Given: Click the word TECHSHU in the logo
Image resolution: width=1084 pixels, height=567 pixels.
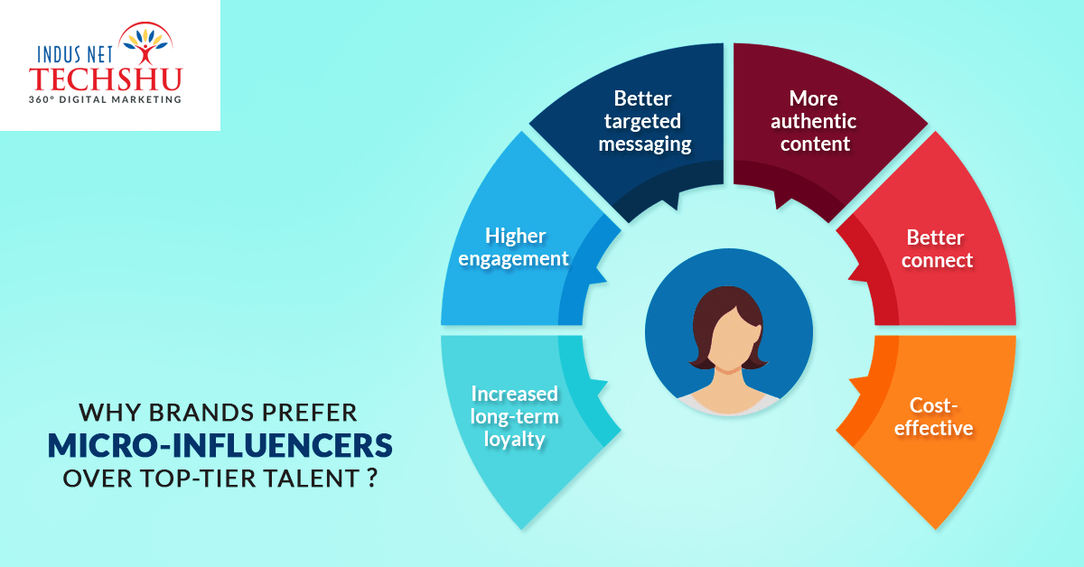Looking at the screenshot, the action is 105,79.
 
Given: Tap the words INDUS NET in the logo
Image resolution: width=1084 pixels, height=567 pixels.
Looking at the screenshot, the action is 75,54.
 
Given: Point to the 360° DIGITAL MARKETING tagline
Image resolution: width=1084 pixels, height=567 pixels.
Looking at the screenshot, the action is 105,99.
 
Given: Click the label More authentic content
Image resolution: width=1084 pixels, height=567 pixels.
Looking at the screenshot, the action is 814,121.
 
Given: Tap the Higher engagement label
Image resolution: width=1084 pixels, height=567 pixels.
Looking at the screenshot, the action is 514,247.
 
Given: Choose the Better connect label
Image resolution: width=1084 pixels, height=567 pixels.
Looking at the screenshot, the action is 937,248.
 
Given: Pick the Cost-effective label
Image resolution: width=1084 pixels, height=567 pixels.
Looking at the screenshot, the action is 933,416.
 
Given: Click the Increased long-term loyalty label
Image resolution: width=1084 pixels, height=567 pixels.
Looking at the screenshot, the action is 514,416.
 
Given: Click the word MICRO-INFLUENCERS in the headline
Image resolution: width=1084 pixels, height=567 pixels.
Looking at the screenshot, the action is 220,445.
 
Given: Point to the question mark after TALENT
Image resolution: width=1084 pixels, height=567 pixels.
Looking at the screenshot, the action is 371,478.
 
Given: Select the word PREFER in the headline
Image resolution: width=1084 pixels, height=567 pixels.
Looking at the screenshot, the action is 309,413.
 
